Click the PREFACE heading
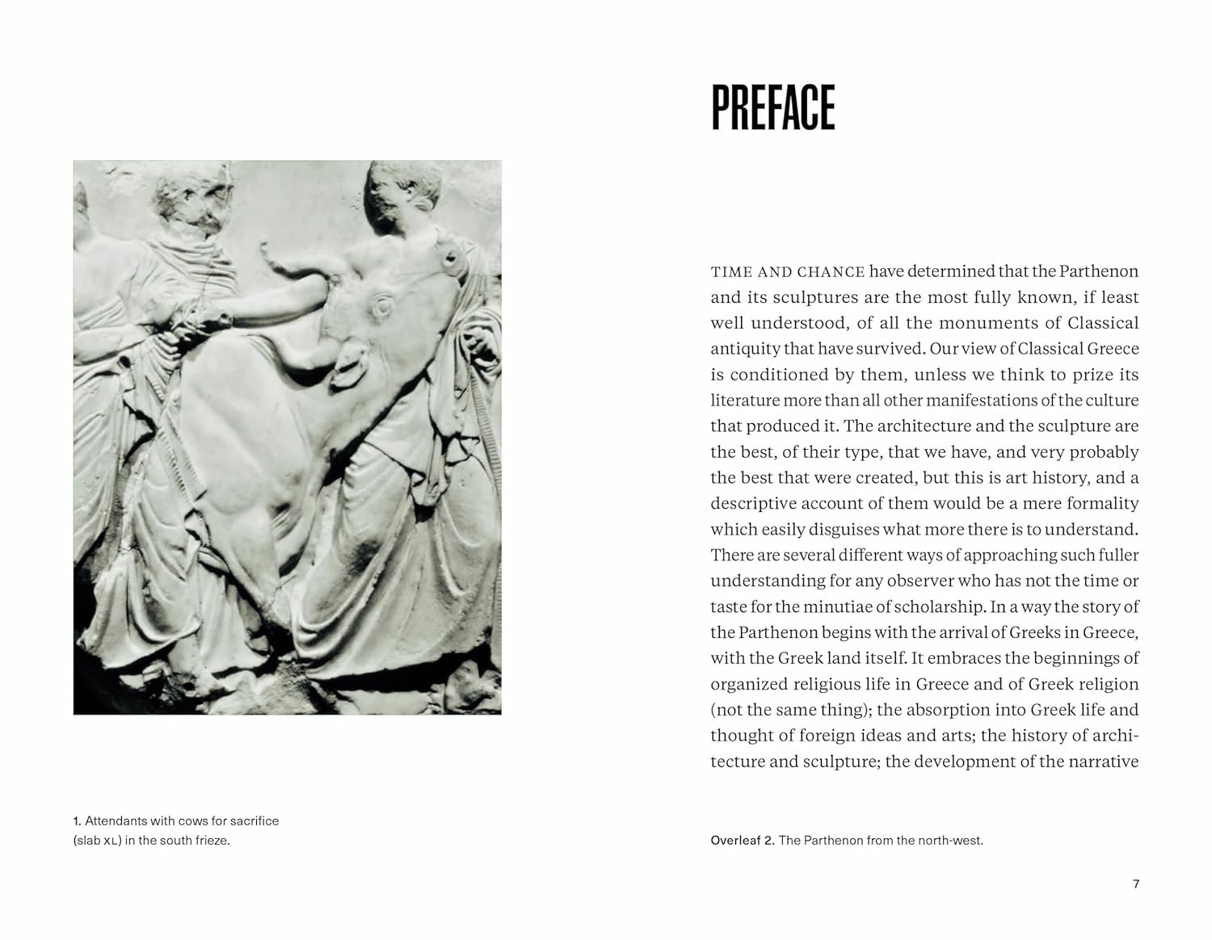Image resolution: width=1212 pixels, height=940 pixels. click(772, 107)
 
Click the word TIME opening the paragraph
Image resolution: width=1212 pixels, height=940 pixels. click(730, 272)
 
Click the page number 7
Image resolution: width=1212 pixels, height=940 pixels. click(1136, 883)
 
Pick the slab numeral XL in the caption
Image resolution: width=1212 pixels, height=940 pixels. click(112, 841)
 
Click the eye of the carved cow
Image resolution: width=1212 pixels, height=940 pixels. click(381, 304)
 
